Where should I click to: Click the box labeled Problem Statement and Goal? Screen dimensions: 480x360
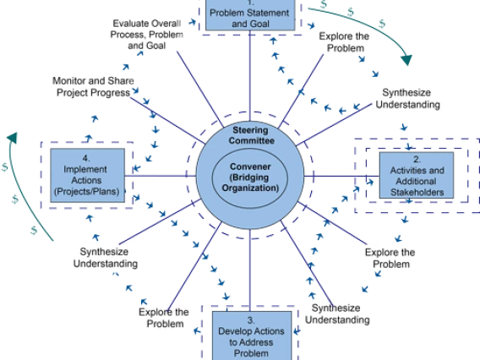pyautogui.click(x=250, y=15)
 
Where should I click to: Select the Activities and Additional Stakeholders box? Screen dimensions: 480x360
pyautogui.click(x=417, y=175)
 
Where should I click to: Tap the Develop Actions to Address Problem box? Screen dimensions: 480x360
pyautogui.click(x=252, y=335)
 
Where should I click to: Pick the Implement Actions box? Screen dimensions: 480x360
pyautogui.click(x=88, y=176)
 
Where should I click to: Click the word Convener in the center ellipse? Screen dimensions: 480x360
pyautogui.click(x=250, y=166)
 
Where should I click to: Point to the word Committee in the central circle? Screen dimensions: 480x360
pyautogui.click(x=251, y=141)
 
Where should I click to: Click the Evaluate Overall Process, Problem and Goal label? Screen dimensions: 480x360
pyautogui.click(x=147, y=35)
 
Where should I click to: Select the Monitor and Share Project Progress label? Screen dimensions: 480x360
pyautogui.click(x=93, y=87)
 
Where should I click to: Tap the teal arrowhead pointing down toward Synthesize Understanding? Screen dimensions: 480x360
pyautogui.click(x=406, y=60)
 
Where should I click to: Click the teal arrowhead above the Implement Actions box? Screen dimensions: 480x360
pyautogui.click(x=13, y=138)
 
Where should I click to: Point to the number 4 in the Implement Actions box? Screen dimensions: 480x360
pyautogui.click(x=86, y=158)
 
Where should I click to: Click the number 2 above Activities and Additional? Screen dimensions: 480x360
pyautogui.click(x=417, y=160)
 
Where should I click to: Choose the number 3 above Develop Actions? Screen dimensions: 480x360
pyautogui.click(x=251, y=320)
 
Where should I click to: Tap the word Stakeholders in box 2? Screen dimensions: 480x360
pyautogui.click(x=417, y=192)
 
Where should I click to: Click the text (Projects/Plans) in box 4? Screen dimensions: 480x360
pyautogui.click(x=87, y=192)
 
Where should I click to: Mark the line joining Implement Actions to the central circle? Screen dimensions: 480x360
pyautogui.click(x=161, y=176)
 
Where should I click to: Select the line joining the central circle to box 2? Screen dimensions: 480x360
pyautogui.click(x=341, y=176)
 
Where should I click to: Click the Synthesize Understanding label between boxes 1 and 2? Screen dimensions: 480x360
pyautogui.click(x=408, y=99)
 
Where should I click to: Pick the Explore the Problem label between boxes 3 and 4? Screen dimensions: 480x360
pyautogui.click(x=164, y=318)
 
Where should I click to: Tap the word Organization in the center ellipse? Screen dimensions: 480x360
pyautogui.click(x=250, y=188)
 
